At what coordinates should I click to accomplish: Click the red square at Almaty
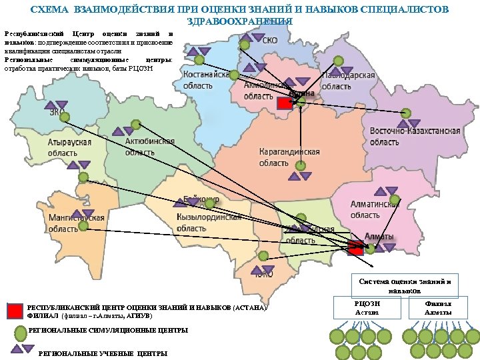[355, 247]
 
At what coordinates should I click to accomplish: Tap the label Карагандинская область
[289, 157]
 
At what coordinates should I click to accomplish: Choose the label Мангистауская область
[77, 223]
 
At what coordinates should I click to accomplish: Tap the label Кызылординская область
[209, 223]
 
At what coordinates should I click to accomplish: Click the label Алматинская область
[375, 210]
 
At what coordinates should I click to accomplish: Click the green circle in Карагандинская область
[301, 166]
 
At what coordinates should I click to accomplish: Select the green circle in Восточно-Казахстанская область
[405, 113]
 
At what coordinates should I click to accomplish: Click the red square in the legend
[15, 311]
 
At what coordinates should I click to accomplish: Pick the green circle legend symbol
[20, 331]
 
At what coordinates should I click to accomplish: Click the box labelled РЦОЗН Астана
[366, 308]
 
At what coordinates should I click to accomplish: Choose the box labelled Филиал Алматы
[438, 308]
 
